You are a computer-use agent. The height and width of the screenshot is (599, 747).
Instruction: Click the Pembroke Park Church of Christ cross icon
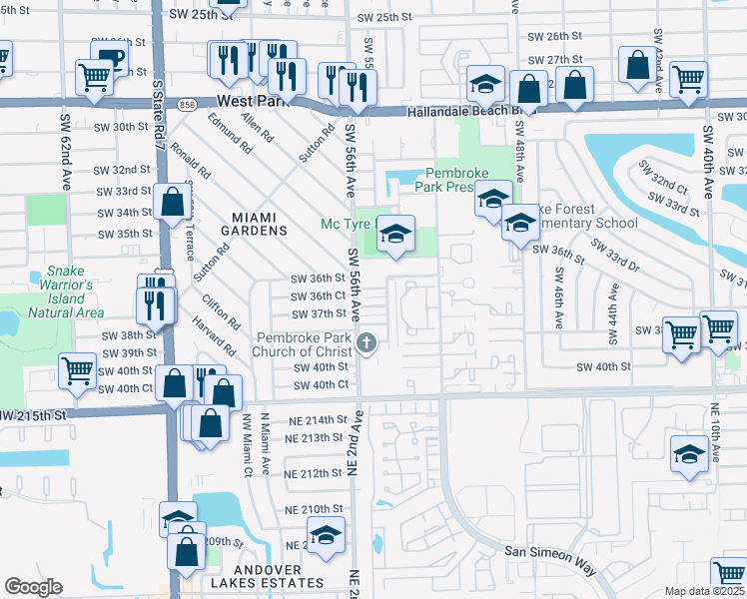pos(367,344)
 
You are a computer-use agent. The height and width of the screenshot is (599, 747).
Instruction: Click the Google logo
pos(33,586)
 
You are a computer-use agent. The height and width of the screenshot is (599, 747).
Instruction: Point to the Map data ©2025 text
pos(704,591)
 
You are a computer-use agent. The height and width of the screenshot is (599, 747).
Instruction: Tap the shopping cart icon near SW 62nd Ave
pos(95,77)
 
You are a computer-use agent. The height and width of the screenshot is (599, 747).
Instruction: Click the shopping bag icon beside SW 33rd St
pos(172,201)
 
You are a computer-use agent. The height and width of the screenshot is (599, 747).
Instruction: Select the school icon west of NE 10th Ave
pos(689,454)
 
